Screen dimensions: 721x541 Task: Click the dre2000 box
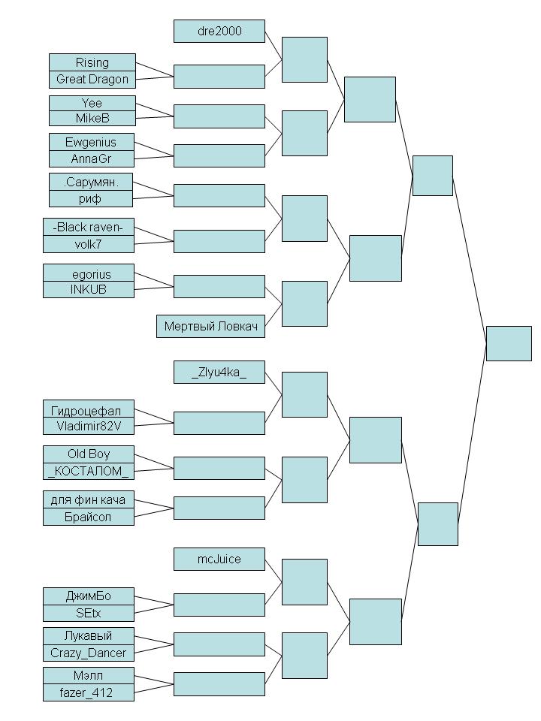(219, 31)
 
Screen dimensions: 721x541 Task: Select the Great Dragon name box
(92, 79)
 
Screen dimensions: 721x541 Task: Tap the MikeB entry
(92, 119)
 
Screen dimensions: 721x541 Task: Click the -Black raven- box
(88, 227)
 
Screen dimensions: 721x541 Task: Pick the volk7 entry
(88, 243)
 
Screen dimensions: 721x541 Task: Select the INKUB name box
(88, 289)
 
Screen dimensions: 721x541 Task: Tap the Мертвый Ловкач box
(210, 327)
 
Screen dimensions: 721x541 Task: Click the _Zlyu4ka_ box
(219, 372)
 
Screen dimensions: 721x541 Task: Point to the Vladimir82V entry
(88, 426)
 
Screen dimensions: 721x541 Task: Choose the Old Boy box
(88, 454)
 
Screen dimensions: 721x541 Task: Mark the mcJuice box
(219, 559)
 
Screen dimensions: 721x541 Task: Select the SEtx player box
(88, 613)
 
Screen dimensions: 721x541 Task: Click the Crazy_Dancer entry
(88, 653)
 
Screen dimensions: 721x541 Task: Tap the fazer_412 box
(88, 692)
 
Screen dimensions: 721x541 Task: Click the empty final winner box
(509, 343)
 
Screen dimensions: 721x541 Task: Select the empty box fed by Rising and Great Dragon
(219, 76)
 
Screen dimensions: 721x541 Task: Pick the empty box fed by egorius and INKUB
(219, 286)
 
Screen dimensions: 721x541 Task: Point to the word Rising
(92, 62)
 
